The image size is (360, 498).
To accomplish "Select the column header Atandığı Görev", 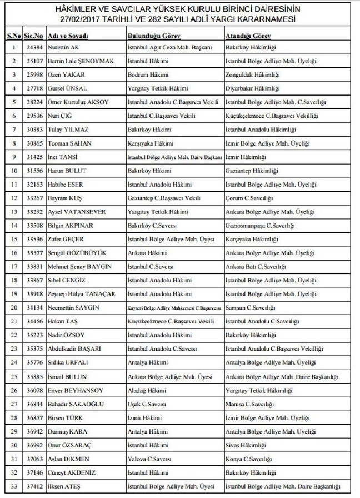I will click(248, 35).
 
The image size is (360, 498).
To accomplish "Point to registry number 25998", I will click(32, 75).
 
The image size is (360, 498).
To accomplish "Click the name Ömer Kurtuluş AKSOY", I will click(78, 102).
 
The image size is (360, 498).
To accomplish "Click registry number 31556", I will click(32, 171).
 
